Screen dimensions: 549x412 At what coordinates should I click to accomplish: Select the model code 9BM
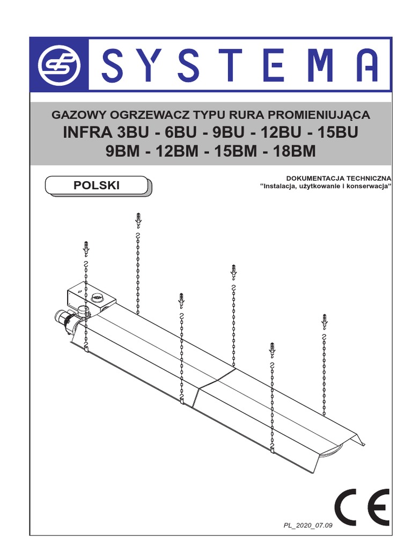(x=123, y=152)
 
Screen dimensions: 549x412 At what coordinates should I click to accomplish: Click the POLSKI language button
(x=97, y=186)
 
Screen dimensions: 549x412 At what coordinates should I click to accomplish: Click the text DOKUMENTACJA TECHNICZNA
(x=339, y=178)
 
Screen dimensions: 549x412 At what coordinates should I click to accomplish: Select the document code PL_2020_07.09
(x=307, y=525)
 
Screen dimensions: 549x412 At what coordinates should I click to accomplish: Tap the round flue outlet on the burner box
(x=98, y=296)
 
